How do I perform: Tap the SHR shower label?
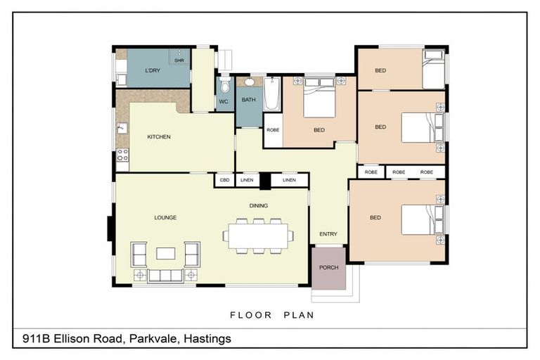point(179,61)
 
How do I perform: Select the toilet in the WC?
point(224,86)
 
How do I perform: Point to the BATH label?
point(248,100)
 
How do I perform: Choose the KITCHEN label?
point(159,136)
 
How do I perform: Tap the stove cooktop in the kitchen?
point(122,155)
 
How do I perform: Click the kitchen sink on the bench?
point(122,129)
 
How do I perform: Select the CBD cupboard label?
point(224,181)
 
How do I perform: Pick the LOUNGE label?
point(165,217)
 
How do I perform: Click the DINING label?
point(258,205)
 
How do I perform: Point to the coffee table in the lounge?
point(165,253)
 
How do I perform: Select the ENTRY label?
point(328,234)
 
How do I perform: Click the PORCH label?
point(328,268)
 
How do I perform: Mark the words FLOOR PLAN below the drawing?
point(271,315)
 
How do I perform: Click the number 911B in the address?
point(36,339)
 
